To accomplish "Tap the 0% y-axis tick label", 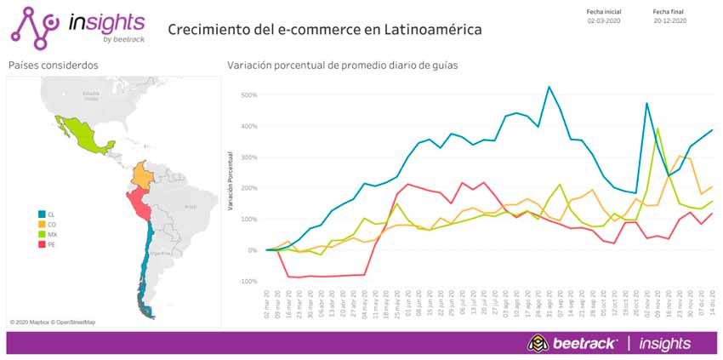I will tap(250, 250).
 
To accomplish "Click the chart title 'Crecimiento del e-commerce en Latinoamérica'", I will tap(324, 29).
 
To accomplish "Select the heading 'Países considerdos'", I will tap(53, 66).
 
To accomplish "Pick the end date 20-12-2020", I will tap(669, 20).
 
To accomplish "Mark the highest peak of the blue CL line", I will tap(549, 87).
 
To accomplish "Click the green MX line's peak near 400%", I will tap(658, 129).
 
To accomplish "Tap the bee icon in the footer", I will tap(537, 342).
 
